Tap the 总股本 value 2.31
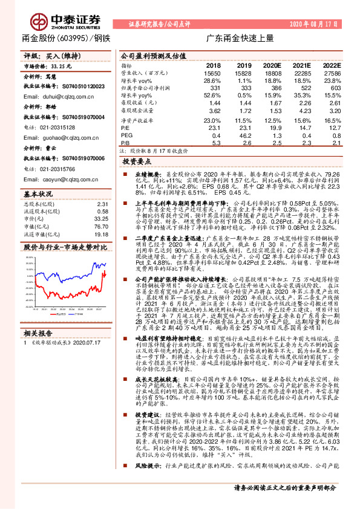[102, 204]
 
